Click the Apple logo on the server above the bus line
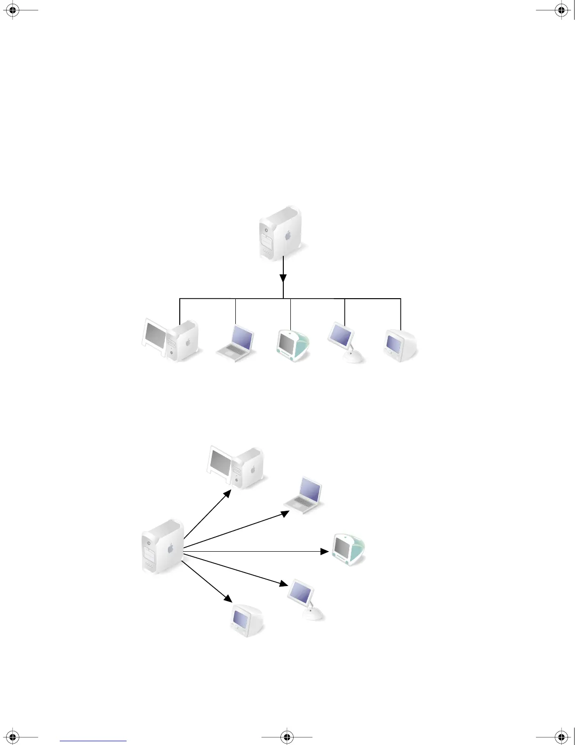pos(288,235)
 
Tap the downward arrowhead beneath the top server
pos(283,278)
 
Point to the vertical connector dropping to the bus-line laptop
pos(235,311)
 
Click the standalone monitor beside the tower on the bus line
pos(154,337)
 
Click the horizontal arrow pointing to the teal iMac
pos(254,551)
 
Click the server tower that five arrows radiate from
pos(162,547)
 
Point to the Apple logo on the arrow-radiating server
pos(171,548)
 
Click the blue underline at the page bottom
pos(93,741)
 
